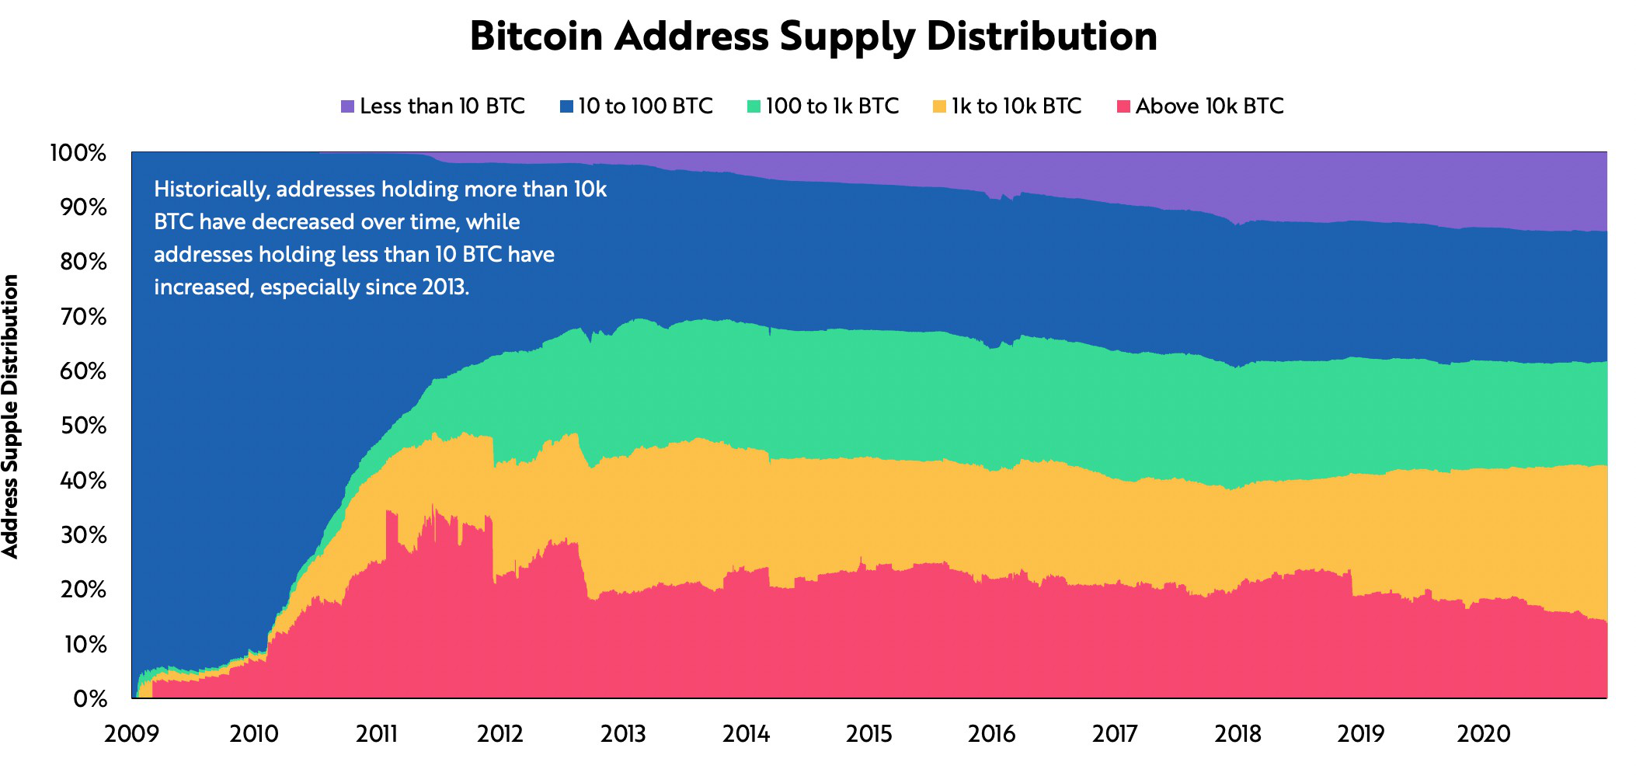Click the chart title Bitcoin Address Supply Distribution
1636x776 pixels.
click(813, 37)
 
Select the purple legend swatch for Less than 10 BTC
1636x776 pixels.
click(347, 106)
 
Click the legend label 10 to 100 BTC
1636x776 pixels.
click(645, 106)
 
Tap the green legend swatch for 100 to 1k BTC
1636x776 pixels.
click(754, 106)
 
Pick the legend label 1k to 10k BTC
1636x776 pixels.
click(1016, 106)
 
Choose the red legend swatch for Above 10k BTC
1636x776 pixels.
click(1123, 106)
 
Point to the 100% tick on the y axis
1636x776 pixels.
click(78, 153)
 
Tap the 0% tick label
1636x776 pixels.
click(89, 699)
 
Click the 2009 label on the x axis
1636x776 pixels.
click(131, 734)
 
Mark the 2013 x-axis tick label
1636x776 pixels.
click(623, 734)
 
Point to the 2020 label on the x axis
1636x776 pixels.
click(1483, 734)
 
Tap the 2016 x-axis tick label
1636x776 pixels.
click(991, 734)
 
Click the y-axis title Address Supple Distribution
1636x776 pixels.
click(11, 416)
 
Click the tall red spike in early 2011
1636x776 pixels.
click(391, 536)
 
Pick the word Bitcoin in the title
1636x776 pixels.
click(536, 37)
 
